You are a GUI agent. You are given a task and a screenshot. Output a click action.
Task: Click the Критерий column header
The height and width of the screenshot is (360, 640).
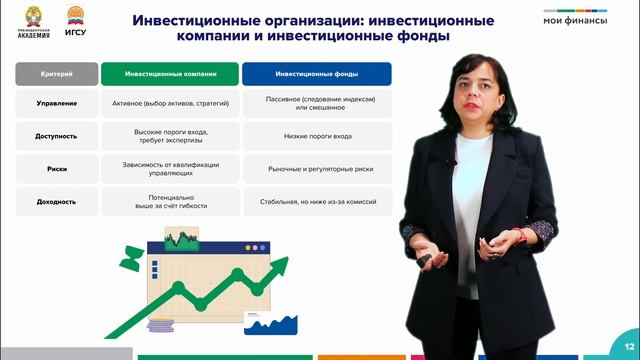(x=56, y=74)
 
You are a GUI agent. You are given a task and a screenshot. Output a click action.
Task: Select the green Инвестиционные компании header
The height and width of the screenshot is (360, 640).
(x=169, y=74)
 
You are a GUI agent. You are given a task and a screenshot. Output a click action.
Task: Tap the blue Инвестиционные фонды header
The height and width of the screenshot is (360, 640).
(x=317, y=74)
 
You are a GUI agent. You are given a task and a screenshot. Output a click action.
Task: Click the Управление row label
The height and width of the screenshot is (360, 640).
(x=56, y=104)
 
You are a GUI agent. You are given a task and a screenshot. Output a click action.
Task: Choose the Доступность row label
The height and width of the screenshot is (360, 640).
(x=56, y=137)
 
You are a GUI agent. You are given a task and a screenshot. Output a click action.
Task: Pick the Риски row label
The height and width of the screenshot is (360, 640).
(x=56, y=170)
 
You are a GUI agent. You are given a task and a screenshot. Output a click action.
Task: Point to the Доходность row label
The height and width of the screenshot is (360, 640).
(x=56, y=202)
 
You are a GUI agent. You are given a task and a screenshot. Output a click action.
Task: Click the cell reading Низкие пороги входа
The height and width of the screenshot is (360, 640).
(x=317, y=137)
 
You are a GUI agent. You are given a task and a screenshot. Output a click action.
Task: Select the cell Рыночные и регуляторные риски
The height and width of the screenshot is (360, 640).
(x=317, y=170)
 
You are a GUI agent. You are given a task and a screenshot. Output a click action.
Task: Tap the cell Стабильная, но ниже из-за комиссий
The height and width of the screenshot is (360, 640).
(x=317, y=202)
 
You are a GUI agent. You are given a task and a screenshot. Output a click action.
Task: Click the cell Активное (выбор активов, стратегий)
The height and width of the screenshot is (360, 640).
(x=169, y=104)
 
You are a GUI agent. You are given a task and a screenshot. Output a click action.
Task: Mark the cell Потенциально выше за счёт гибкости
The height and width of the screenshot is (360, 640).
(x=169, y=202)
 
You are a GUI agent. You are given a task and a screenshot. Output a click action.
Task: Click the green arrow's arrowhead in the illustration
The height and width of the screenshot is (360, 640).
(x=278, y=264)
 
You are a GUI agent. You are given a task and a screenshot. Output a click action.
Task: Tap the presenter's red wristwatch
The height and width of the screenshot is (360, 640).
(x=519, y=235)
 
